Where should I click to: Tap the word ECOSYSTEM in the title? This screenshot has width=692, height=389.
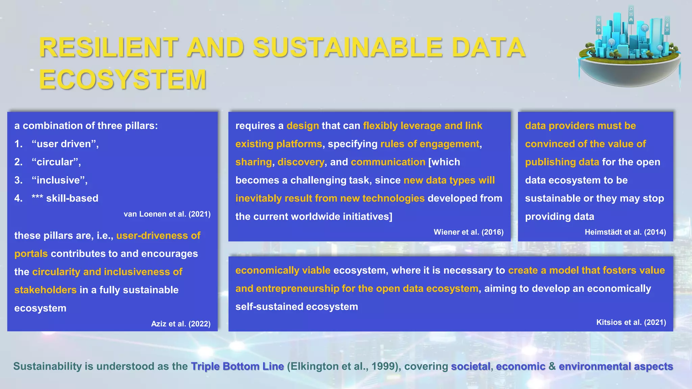click(123, 80)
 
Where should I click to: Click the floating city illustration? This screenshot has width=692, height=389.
click(629, 49)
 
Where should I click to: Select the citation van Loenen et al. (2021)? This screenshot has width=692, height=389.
click(167, 214)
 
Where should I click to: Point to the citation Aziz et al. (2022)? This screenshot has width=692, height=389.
click(180, 324)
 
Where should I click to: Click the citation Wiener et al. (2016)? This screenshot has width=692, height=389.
click(468, 232)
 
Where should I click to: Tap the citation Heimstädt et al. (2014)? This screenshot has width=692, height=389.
click(625, 232)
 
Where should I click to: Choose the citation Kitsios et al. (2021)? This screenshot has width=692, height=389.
click(631, 322)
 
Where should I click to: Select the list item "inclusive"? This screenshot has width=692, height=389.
click(59, 180)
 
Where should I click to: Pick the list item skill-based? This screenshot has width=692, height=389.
click(72, 198)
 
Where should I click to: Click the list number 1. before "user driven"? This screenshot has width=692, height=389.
click(18, 144)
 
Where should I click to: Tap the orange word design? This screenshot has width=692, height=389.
click(302, 126)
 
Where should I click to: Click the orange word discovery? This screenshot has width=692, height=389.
click(301, 162)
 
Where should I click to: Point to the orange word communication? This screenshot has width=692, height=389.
click(388, 162)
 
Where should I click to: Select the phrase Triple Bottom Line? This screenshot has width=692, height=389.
click(237, 366)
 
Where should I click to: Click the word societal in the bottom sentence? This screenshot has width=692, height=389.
click(470, 366)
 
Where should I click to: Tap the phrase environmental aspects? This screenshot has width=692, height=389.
click(616, 366)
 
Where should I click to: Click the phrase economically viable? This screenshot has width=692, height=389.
click(283, 270)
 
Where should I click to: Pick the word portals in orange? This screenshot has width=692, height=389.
click(31, 254)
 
